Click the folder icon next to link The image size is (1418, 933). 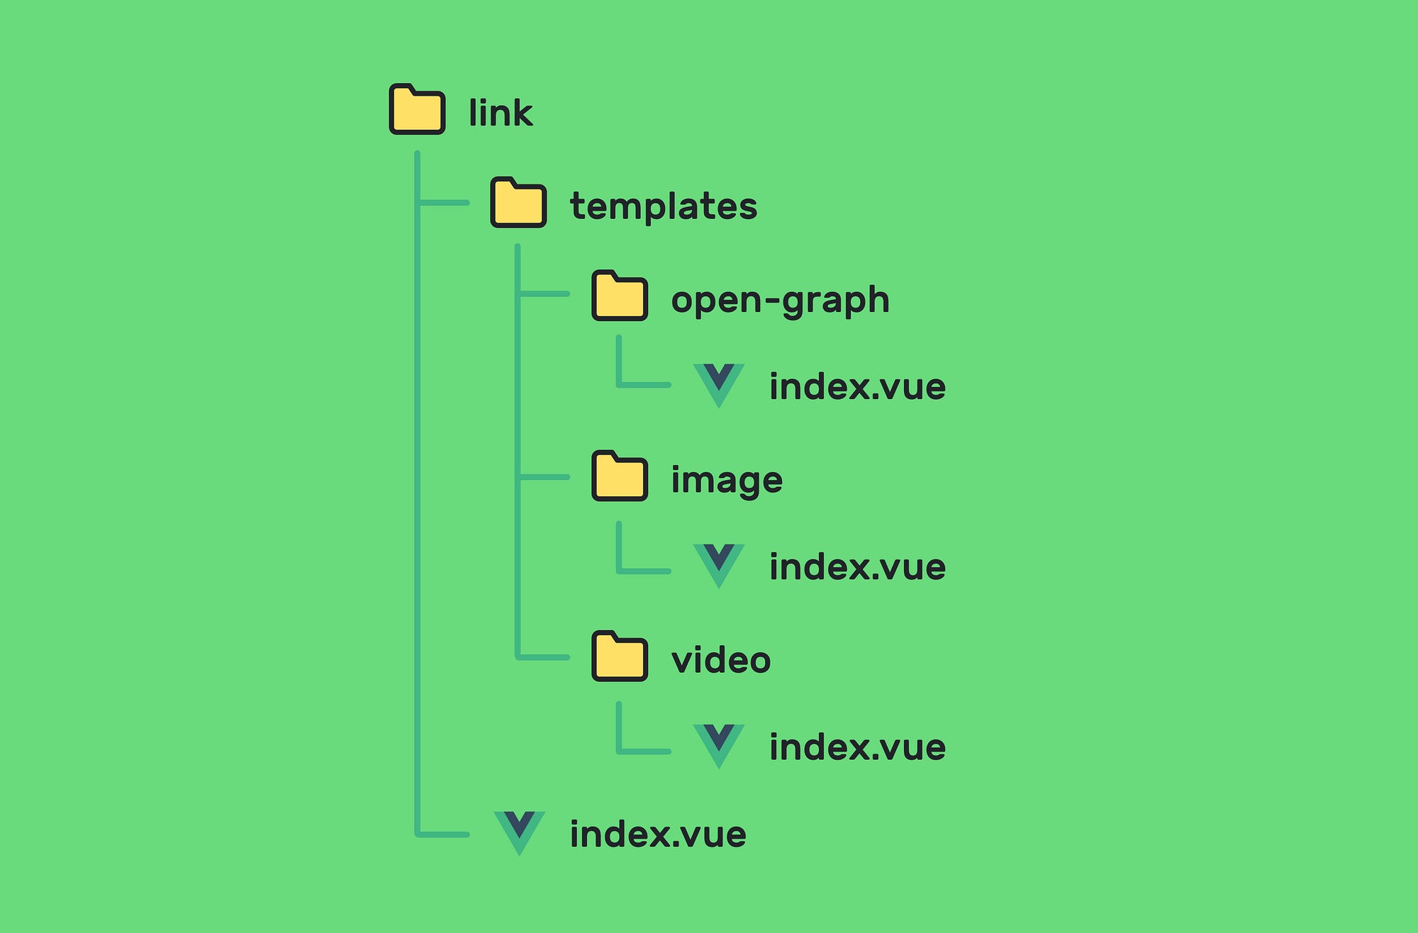click(417, 110)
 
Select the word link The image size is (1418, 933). click(500, 113)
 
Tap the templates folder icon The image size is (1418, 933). click(518, 203)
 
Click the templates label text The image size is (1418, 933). click(664, 207)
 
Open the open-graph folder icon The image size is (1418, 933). click(620, 296)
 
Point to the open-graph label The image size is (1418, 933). click(780, 301)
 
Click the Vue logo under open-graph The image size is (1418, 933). click(718, 384)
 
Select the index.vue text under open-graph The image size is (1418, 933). click(857, 387)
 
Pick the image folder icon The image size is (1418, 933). click(620, 476)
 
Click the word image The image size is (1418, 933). click(727, 481)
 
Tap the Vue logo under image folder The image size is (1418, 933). click(718, 564)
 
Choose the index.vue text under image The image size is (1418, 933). click(857, 567)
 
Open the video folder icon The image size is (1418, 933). click(620, 657)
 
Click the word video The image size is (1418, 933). click(720, 661)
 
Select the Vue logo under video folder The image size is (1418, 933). click(718, 744)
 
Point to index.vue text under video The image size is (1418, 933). click(857, 747)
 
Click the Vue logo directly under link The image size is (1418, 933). click(519, 831)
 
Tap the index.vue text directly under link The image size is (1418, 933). click(658, 834)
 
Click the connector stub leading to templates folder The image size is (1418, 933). click(445, 203)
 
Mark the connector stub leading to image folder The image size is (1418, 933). click(545, 477)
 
